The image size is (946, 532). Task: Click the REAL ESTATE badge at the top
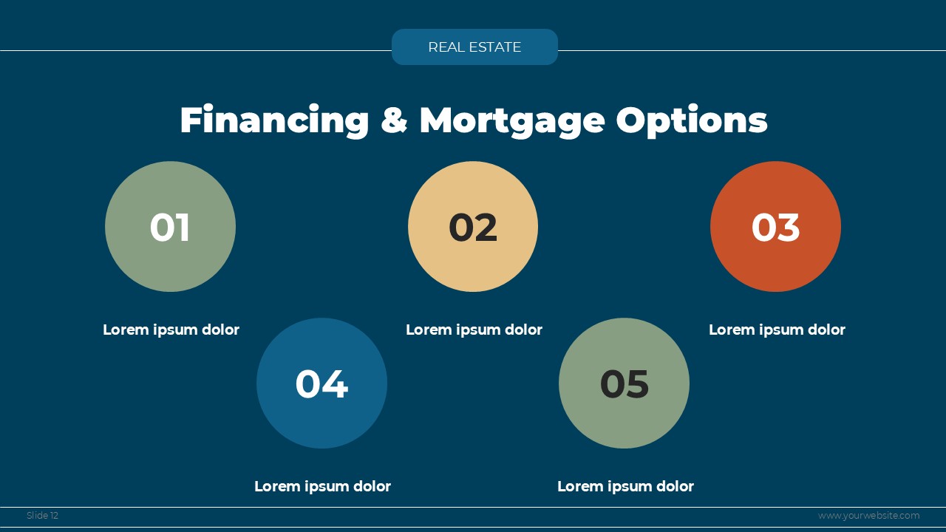[x=474, y=47]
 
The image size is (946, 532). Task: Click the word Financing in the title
[x=274, y=121]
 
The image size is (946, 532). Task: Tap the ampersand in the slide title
[x=394, y=120]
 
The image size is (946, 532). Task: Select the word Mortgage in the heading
[x=512, y=121]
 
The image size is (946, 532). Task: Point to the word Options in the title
[x=692, y=121]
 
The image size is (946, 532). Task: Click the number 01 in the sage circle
[x=170, y=227]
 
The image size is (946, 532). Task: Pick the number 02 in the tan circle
[x=473, y=227]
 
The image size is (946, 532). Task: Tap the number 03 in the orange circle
[x=775, y=227]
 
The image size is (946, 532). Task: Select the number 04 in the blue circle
[x=321, y=383]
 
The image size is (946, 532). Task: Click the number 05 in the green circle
[x=625, y=383]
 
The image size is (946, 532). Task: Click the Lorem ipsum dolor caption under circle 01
[x=171, y=330]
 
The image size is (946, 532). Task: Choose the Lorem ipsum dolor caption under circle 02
[x=474, y=330]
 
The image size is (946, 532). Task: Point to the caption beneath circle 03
[x=777, y=330]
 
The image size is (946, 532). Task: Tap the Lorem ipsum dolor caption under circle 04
[x=323, y=486]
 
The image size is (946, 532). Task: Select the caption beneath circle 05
[x=625, y=486]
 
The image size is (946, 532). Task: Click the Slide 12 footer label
[x=42, y=516]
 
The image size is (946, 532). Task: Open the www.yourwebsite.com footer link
[x=868, y=516]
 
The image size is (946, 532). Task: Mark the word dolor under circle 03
[x=826, y=330]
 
